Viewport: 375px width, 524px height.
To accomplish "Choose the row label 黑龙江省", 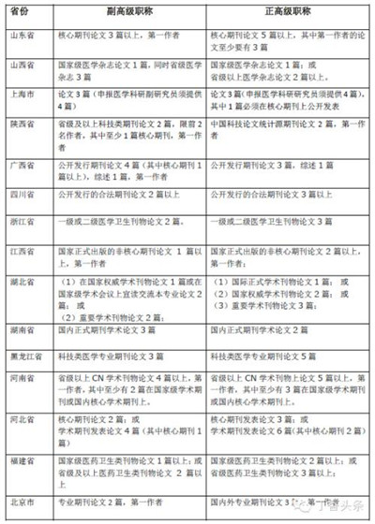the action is click(22, 357).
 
